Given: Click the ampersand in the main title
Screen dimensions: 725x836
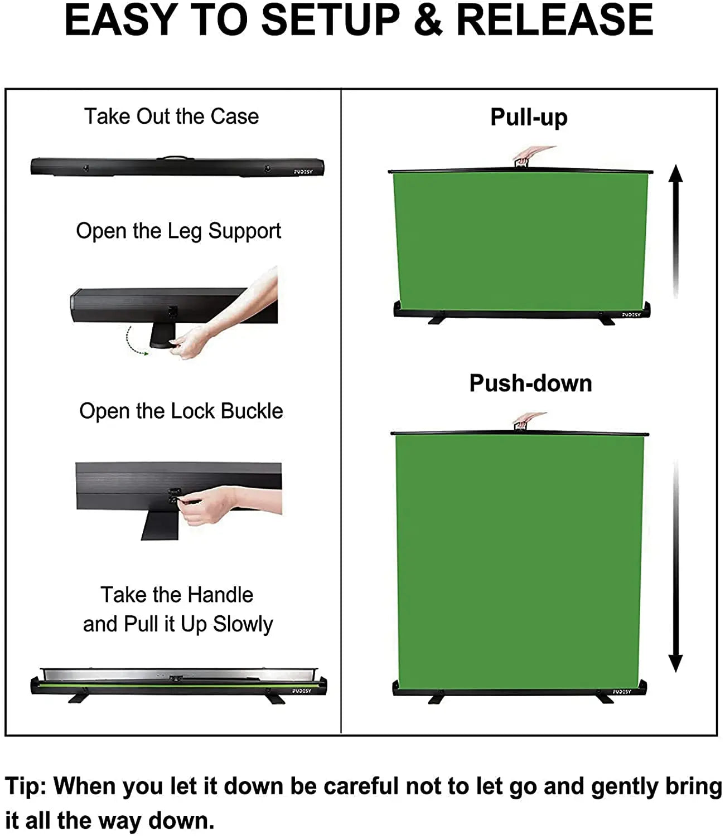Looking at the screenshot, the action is [428, 20].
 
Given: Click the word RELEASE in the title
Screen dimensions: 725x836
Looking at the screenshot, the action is [554, 20].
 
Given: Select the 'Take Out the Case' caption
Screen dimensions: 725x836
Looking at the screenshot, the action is [171, 116].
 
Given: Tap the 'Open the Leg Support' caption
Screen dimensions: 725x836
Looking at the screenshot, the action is [178, 231].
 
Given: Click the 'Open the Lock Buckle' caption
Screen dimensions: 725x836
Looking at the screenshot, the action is [181, 411].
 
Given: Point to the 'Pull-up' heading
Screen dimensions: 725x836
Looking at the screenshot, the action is [529, 118].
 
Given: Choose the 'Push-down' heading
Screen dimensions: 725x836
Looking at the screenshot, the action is [531, 383].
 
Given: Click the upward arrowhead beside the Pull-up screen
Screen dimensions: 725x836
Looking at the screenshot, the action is [675, 174].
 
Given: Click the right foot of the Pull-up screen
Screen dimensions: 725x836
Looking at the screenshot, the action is [607, 320].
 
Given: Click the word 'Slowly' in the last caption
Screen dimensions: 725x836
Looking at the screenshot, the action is [243, 624].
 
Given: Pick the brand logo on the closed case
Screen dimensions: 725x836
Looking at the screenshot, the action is [303, 172].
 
